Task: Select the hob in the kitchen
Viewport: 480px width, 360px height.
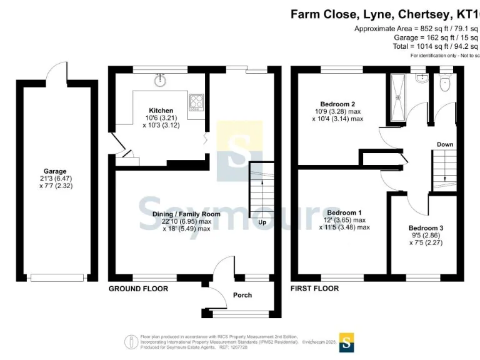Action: coord(195,101)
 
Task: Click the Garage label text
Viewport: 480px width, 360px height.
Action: coord(55,171)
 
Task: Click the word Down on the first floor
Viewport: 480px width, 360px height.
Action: coord(445,144)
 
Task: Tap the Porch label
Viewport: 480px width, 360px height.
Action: coord(242,295)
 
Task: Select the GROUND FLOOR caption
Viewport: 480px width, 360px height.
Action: coord(138,289)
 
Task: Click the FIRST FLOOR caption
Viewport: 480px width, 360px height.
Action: coord(315,289)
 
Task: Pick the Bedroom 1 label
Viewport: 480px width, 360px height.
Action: coord(341,212)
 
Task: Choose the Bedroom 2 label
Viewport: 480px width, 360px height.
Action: coord(337,104)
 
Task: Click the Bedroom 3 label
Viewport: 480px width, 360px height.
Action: coord(426,228)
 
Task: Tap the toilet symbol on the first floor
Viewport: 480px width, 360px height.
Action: coord(444,82)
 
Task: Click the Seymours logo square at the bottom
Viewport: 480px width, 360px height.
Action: coord(346,341)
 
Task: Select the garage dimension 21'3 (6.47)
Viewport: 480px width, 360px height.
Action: coord(55,178)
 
